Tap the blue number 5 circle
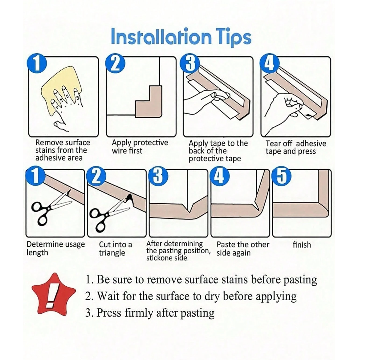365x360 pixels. pyautogui.click(x=282, y=176)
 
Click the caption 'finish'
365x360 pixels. pyautogui.click(x=302, y=245)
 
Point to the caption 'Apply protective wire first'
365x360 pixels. pyautogui.click(x=140, y=146)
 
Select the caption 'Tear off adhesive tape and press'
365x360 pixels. pyautogui.click(x=296, y=147)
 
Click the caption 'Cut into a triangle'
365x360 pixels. pyautogui.click(x=116, y=248)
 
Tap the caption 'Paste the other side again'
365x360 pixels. pyautogui.click(x=243, y=248)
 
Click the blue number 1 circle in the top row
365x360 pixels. pyautogui.click(x=37, y=63)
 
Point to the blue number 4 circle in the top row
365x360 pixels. pyautogui.click(x=269, y=63)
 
